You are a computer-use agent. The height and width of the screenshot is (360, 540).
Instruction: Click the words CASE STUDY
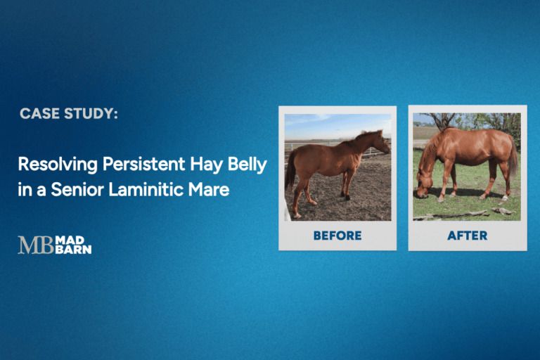point(68,113)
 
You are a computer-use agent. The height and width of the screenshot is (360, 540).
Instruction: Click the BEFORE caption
point(337,236)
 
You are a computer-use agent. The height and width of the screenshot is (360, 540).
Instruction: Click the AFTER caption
point(467,236)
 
